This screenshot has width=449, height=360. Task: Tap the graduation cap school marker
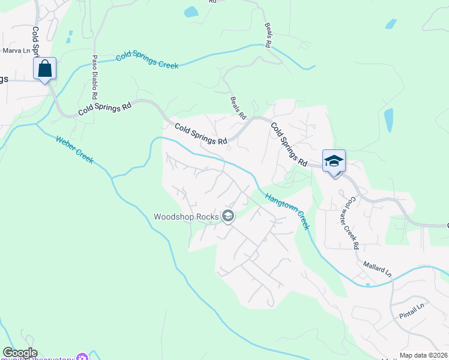click(x=334, y=161)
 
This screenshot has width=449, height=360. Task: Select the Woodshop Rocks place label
click(x=187, y=217)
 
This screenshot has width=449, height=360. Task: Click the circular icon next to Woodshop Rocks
click(x=228, y=216)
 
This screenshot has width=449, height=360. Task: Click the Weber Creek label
click(x=74, y=150)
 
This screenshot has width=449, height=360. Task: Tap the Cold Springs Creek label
click(x=147, y=60)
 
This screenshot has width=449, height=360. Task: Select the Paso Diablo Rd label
click(x=94, y=77)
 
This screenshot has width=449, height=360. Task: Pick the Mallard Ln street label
click(x=377, y=268)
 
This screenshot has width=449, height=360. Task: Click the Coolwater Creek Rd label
click(x=352, y=223)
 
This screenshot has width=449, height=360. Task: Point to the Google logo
click(x=19, y=353)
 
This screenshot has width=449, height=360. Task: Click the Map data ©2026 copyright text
click(x=423, y=355)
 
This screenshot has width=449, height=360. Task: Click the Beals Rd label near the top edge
click(x=268, y=35)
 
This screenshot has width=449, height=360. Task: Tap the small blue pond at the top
click(x=191, y=12)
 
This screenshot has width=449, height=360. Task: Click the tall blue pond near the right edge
click(x=388, y=121)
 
